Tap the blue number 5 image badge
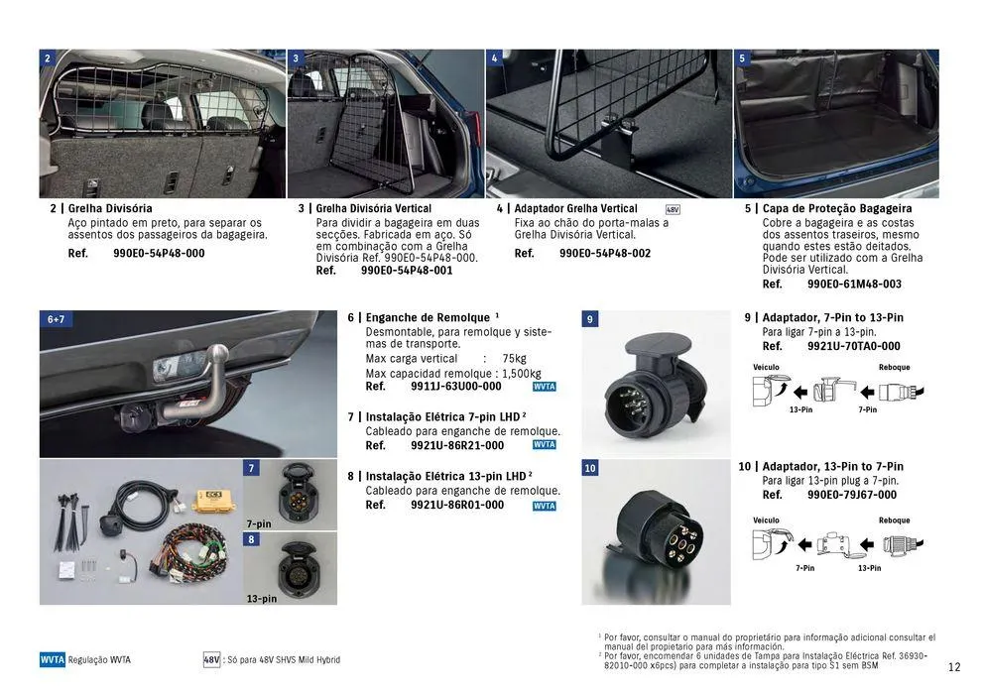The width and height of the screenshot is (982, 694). [743, 58]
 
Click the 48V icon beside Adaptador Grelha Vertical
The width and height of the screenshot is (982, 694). [673, 210]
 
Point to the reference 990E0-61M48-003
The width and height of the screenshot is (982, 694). [854, 285]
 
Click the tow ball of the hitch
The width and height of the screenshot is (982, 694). [216, 353]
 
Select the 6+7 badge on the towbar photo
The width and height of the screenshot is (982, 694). [56, 320]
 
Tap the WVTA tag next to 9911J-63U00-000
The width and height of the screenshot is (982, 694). [544, 388]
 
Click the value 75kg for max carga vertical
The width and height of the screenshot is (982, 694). [514, 359]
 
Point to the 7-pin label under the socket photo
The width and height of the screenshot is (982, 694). [258, 523]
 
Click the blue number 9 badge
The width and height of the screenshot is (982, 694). [590, 319]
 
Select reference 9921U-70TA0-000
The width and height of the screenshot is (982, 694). [853, 347]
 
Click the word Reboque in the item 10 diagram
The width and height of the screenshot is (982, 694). [894, 520]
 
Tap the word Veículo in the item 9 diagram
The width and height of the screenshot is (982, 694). [766, 367]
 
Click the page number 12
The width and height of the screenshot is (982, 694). [954, 667]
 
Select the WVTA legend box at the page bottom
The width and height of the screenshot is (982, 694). [53, 660]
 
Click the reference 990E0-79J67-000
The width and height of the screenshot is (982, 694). [851, 495]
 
